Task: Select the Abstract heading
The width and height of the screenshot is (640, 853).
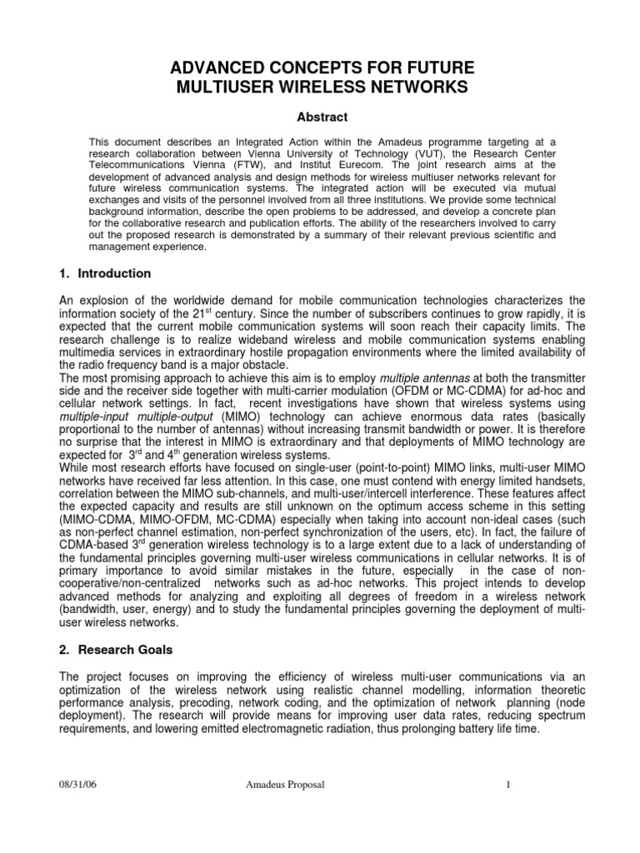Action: point(319,117)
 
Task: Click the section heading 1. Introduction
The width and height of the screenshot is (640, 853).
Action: point(104,273)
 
